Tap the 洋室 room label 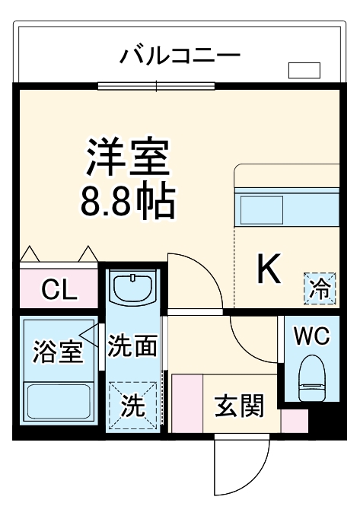[x=127, y=158]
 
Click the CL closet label [x=59, y=289]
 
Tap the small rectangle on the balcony [x=304, y=71]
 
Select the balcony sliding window [x=157, y=85]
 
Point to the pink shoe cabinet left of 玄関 [x=186, y=403]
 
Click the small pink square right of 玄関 [x=295, y=421]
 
